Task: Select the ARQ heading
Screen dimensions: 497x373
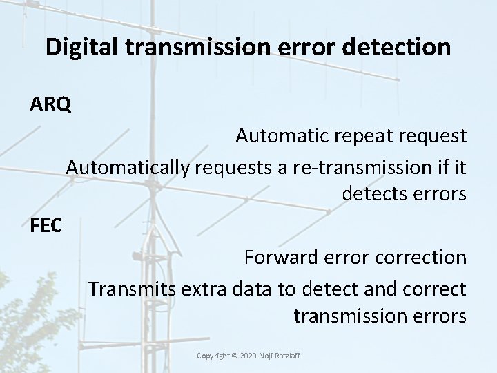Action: [50, 105]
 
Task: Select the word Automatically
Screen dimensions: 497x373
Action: [128, 166]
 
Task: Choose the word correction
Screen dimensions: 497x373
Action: [422, 258]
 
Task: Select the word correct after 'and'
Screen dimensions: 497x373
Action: [437, 288]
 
